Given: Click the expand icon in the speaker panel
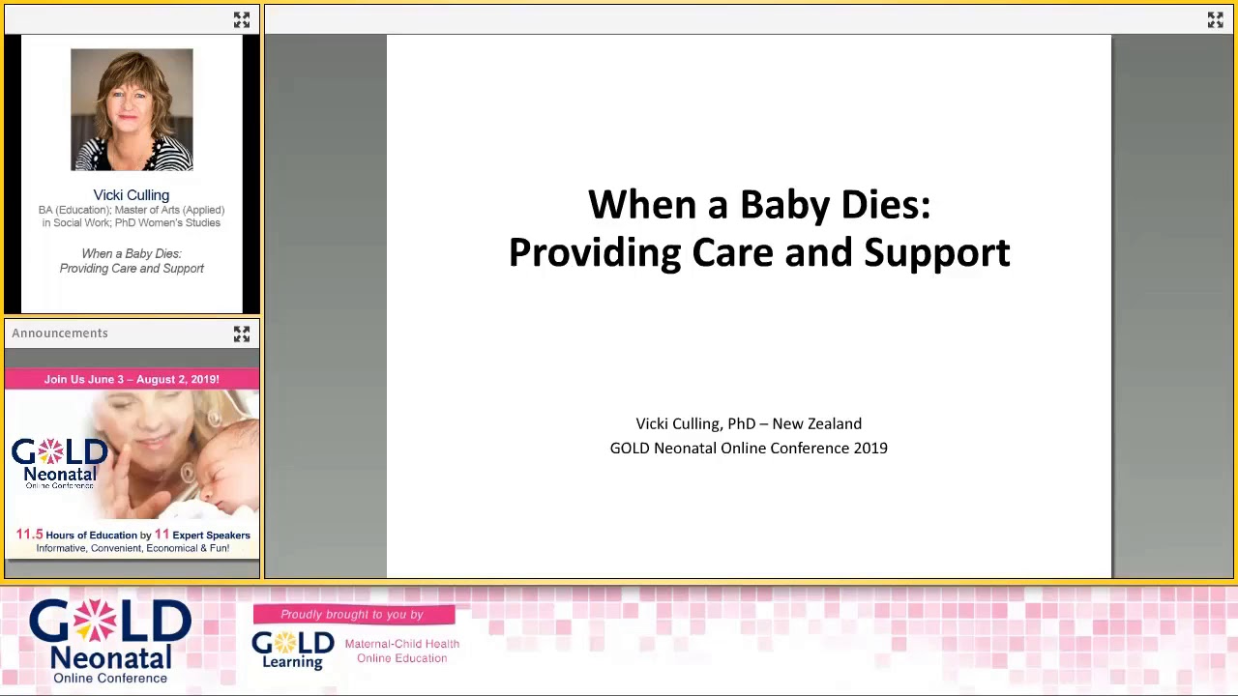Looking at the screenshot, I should (x=242, y=19).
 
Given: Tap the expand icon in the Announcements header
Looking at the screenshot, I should (x=242, y=333).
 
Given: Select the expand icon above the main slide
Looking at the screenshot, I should (x=1215, y=19).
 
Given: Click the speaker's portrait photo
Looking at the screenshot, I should (x=132, y=109).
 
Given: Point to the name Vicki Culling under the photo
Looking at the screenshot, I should (x=132, y=195).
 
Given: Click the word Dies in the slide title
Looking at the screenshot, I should (x=884, y=205).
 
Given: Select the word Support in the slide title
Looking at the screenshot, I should (x=936, y=253).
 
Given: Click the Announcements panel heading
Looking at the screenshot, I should (x=60, y=333).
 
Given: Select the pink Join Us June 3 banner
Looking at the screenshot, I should (x=132, y=379).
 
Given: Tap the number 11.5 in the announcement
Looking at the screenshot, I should (x=29, y=535).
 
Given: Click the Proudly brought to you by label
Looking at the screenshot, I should (x=352, y=615).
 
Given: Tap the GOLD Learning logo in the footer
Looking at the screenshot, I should (x=292, y=650).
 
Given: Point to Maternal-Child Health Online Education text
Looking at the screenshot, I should (x=401, y=651).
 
